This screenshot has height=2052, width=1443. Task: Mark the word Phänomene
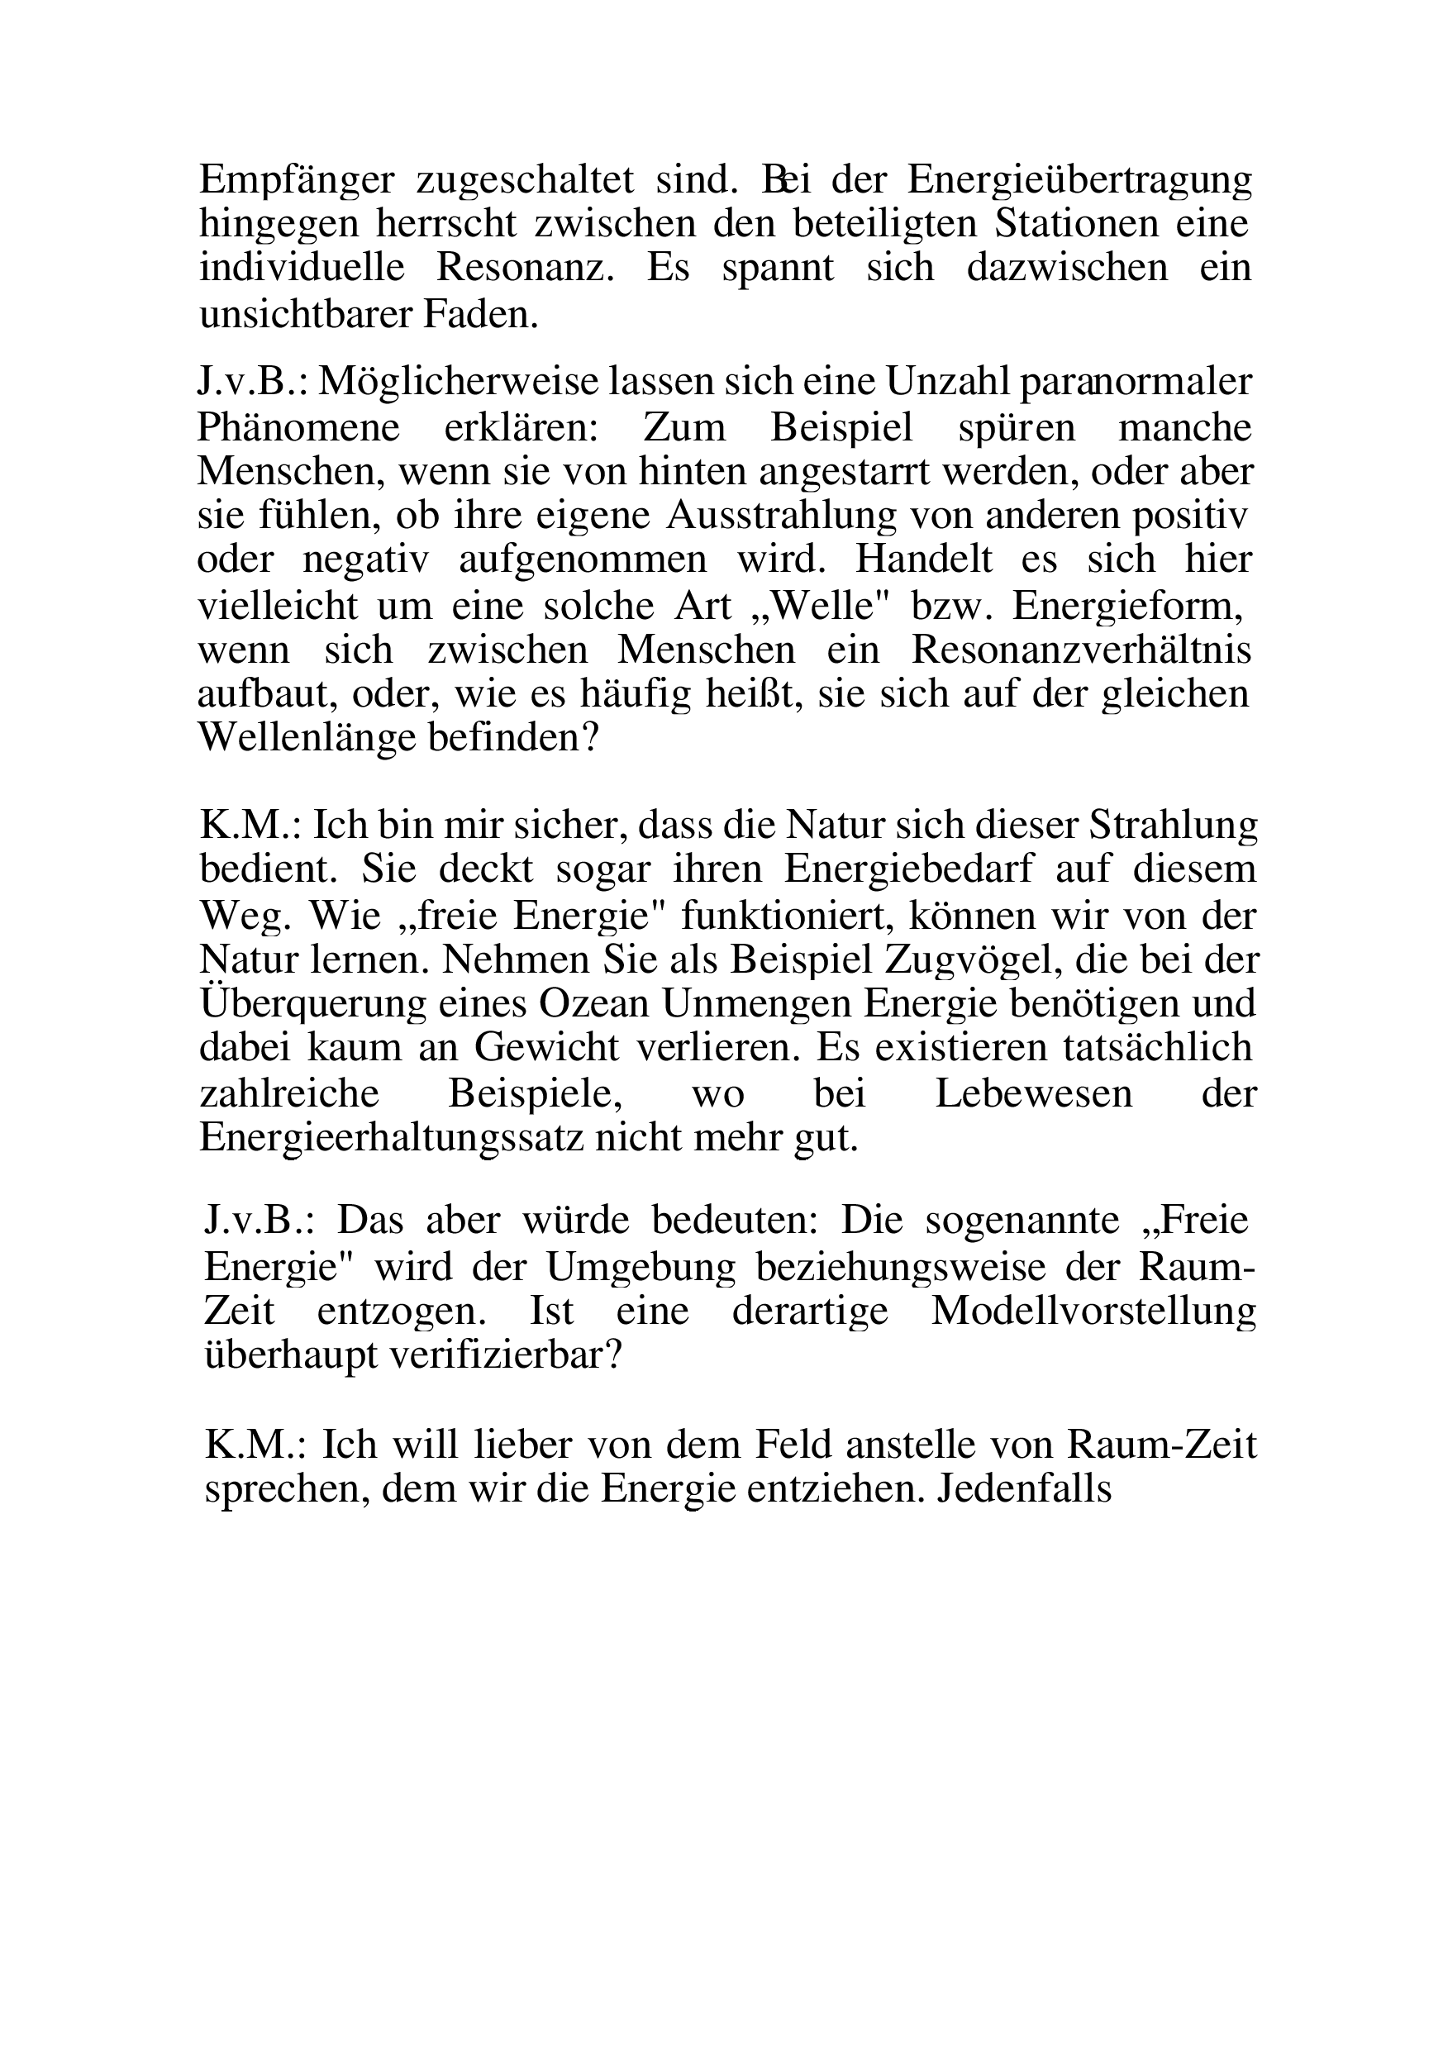[x=298, y=428]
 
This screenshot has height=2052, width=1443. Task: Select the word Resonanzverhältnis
[x=1081, y=650]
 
